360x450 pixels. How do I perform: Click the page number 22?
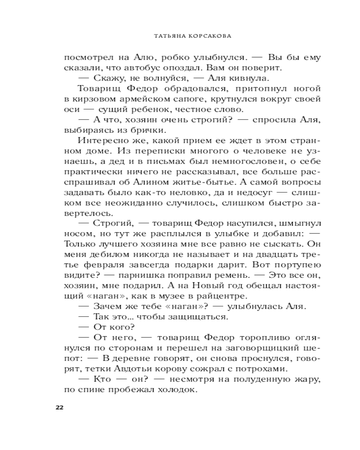click(x=59, y=408)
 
